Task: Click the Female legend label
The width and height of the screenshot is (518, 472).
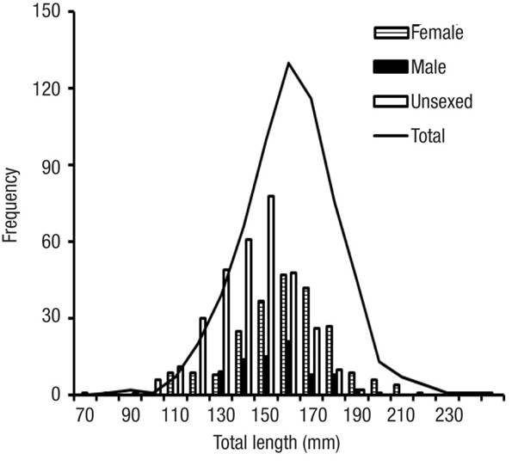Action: coord(437,34)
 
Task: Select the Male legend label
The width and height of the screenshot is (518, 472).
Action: coord(429,67)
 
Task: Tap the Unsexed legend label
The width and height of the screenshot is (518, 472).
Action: coord(441,101)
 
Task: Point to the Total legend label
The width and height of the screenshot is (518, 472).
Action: coord(429,135)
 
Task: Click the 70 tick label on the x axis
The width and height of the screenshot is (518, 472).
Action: coord(84,415)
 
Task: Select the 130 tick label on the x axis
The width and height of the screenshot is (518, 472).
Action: coord(220,415)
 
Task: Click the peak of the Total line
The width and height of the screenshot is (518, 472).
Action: coord(288,63)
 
